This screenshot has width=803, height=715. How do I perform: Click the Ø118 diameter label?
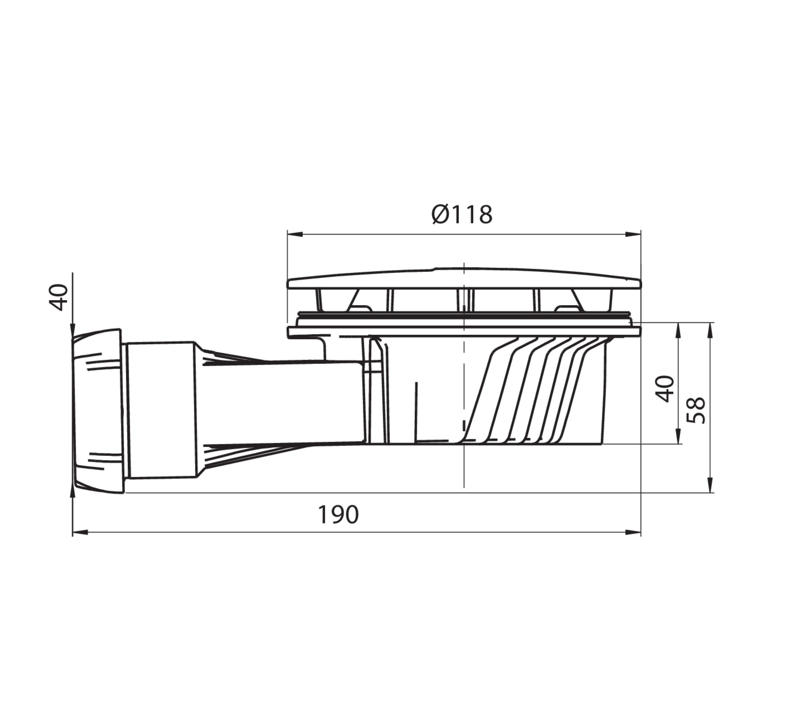[462, 214]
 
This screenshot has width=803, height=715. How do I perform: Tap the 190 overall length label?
[338, 515]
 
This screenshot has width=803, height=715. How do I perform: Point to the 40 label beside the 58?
[665, 389]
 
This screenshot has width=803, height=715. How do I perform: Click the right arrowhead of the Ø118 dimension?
[632, 234]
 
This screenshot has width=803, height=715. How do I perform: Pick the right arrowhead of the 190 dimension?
[632, 532]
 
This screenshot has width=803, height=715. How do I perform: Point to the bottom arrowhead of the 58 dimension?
[710, 485]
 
